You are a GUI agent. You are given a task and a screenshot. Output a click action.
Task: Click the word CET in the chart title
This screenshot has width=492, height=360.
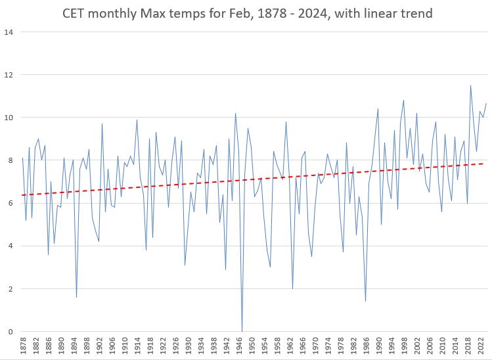tap(76, 13)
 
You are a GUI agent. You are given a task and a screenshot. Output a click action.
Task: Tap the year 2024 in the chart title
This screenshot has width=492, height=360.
tap(313, 13)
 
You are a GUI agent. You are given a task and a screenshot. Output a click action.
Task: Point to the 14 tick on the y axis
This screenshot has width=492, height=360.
tap(9, 32)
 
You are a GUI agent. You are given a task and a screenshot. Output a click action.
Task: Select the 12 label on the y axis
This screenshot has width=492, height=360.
tap(9, 75)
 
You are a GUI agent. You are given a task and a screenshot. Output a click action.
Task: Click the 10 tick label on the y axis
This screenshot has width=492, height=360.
tap(9, 118)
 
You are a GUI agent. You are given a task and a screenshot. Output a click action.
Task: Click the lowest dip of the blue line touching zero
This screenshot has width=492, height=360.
tap(242, 331)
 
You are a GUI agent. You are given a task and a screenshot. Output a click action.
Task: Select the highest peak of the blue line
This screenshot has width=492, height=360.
tap(470, 85)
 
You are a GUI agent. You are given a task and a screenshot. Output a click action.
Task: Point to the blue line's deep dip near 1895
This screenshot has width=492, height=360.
tap(76, 297)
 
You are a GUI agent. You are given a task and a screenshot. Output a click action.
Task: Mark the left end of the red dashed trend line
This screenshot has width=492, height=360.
tap(23, 195)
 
